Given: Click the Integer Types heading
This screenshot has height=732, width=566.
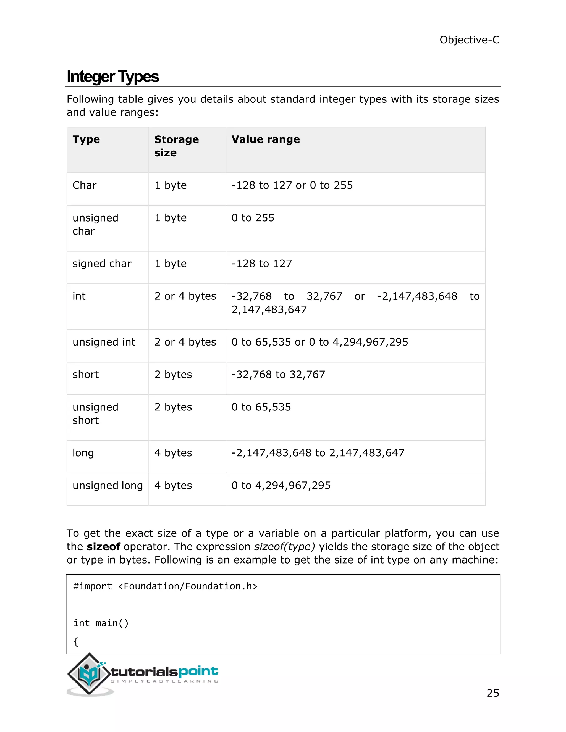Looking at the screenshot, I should tap(113, 77).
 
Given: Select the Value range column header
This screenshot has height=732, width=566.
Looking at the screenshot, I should tap(266, 139).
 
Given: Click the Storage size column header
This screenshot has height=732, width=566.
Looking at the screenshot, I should tap(176, 146).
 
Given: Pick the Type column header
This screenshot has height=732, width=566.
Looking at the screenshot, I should tap(86, 139).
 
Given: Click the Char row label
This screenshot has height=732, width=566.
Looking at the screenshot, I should tap(85, 185).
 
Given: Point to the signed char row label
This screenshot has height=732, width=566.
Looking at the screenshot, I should tap(102, 264).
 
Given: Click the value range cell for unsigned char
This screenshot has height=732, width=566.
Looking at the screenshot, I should tap(253, 218).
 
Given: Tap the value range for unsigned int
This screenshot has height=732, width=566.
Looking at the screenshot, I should tap(319, 342).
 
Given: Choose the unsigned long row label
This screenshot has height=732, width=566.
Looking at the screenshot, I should tap(108, 485).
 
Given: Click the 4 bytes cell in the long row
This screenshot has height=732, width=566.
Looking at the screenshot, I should tap(173, 453).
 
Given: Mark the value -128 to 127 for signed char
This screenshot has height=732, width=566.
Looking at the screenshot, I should tap(261, 264).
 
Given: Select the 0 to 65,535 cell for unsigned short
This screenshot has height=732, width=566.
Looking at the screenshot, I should tap(261, 407).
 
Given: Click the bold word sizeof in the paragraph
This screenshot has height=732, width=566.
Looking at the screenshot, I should tap(103, 547).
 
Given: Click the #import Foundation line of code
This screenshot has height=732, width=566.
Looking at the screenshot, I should tap(165, 586).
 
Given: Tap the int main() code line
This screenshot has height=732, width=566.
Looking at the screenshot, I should tap(101, 623).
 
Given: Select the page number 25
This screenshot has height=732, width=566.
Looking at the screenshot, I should tap(492, 693).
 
